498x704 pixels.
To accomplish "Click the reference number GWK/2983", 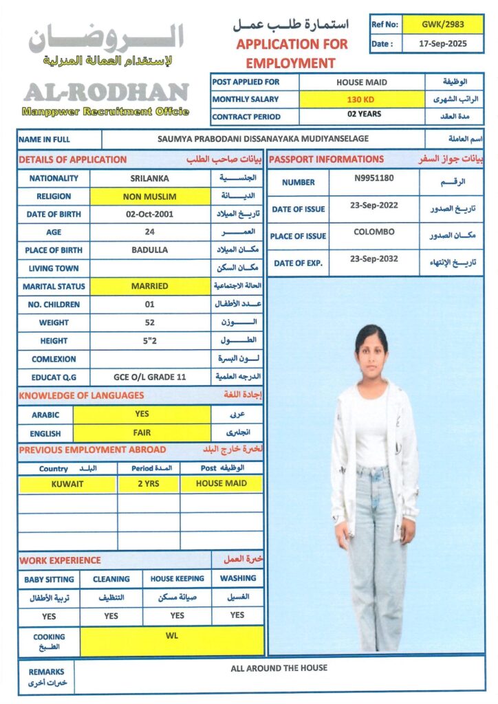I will click(442, 24).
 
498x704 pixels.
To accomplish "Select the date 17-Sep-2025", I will click(442, 43).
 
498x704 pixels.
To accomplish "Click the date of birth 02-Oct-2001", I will click(149, 214).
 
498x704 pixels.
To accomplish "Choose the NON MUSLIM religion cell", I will click(149, 197).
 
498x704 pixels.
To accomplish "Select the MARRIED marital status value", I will click(149, 286).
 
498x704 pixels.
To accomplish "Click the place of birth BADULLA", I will click(149, 250).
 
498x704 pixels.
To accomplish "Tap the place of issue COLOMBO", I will click(373, 232).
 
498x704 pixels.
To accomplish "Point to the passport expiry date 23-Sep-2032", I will click(373, 259).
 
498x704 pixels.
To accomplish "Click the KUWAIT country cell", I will click(67, 484).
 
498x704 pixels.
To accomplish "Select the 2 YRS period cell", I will click(149, 484).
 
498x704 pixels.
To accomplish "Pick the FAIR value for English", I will click(142, 433).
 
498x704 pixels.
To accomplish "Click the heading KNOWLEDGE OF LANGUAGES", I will click(81, 395).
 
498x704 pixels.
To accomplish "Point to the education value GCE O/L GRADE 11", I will click(149, 377).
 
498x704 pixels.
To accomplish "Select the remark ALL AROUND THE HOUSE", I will click(279, 668).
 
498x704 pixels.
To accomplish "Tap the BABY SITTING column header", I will click(49, 579).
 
